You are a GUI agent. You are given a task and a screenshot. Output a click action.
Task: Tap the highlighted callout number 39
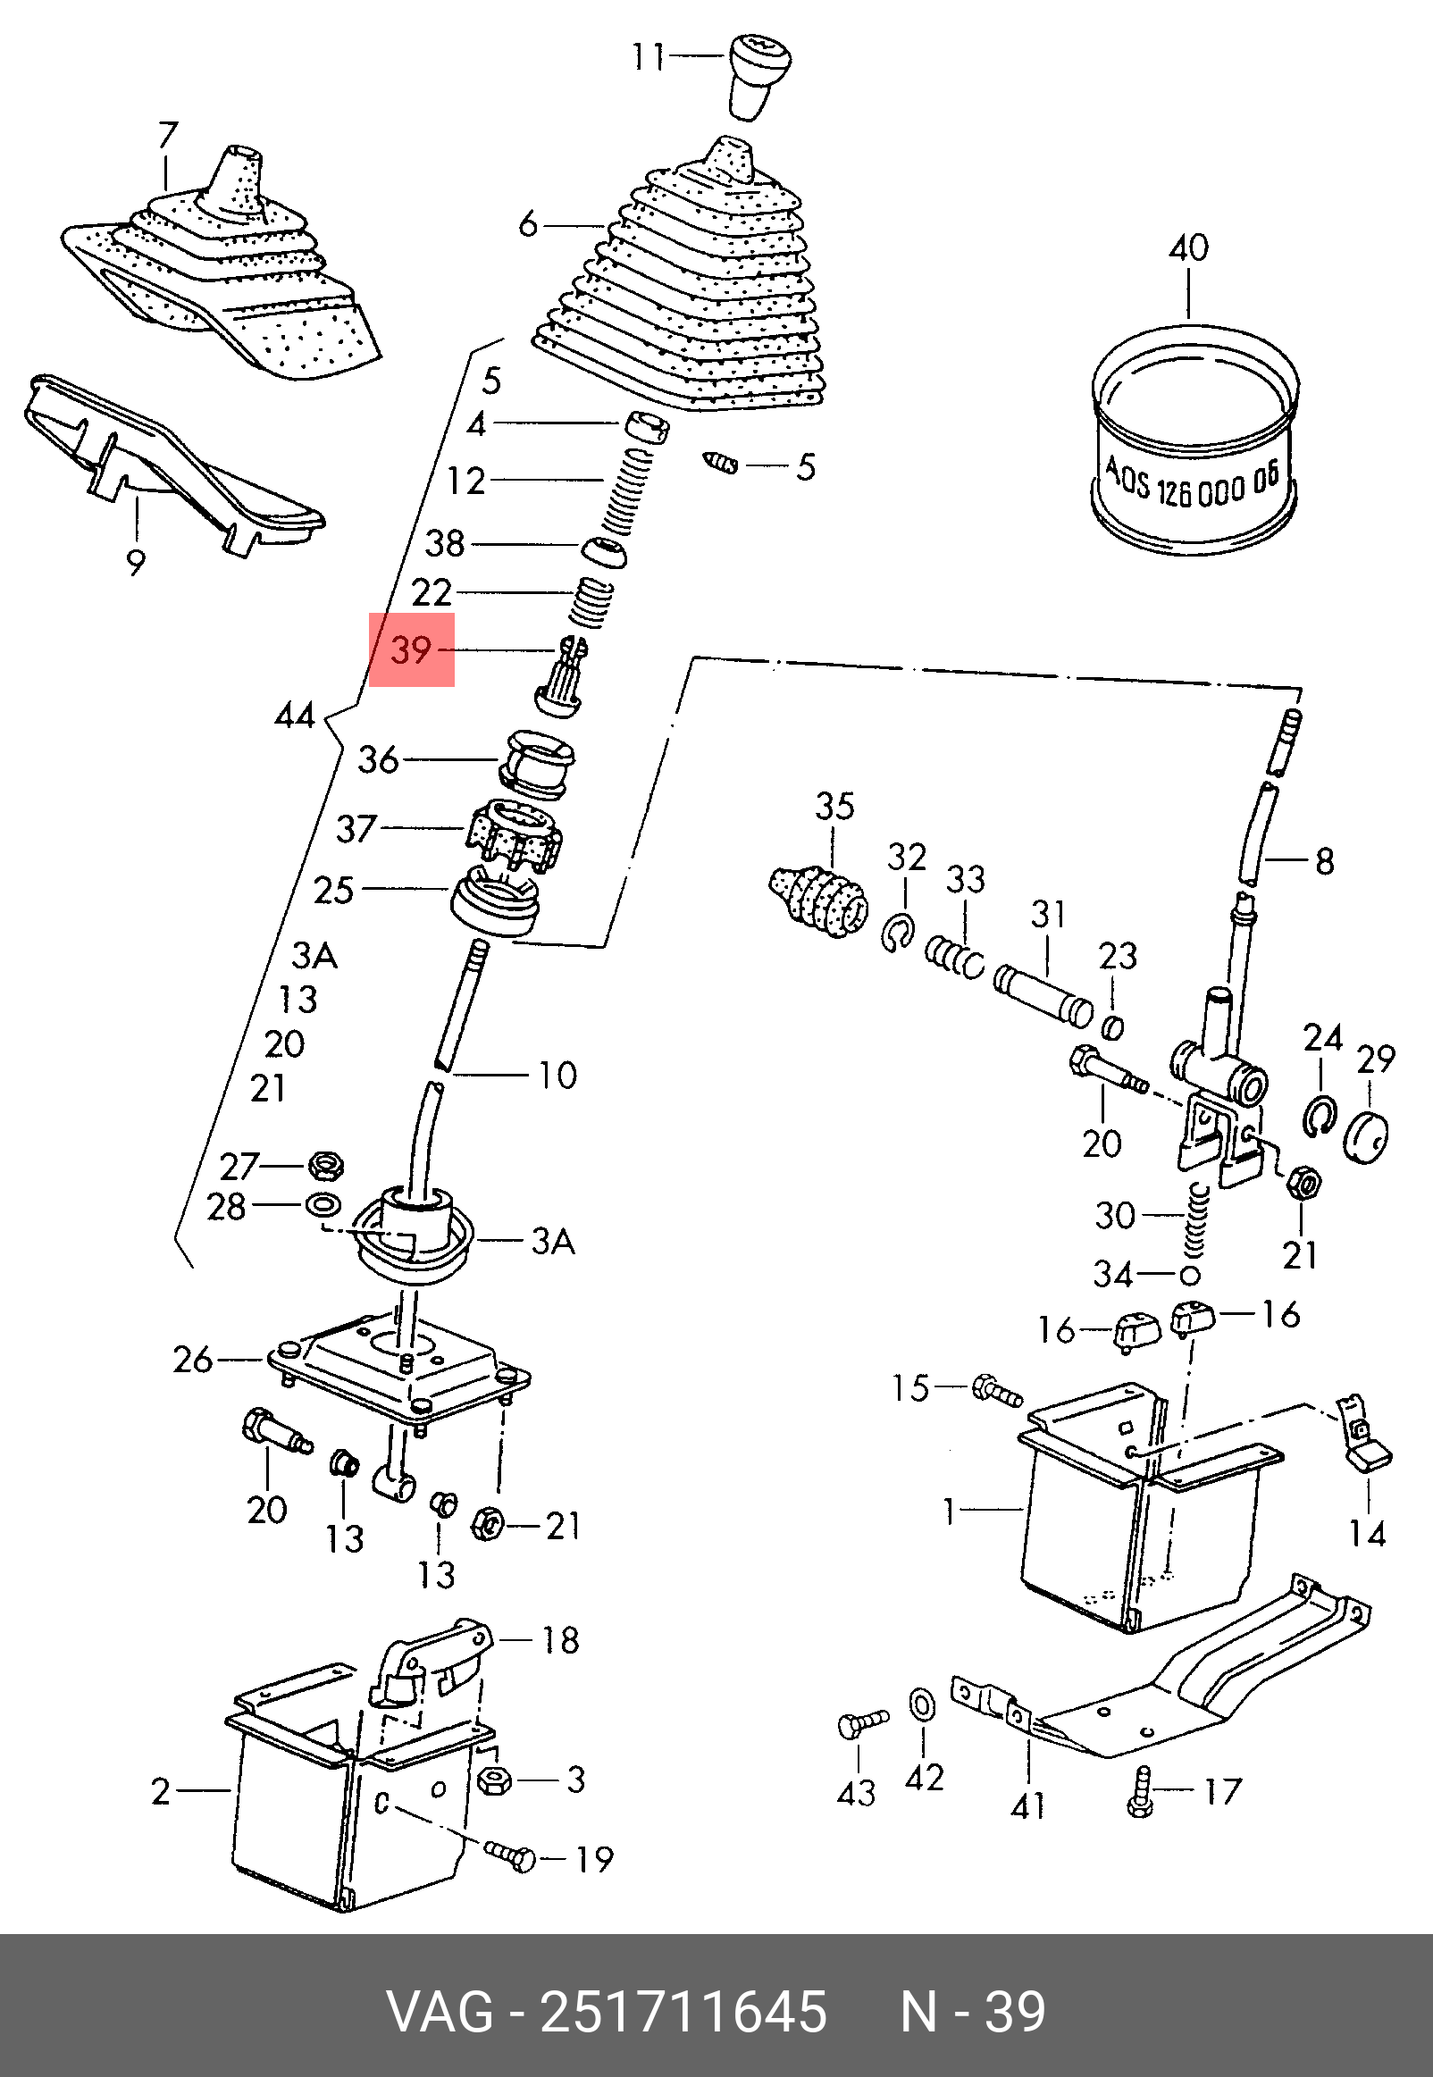(412, 649)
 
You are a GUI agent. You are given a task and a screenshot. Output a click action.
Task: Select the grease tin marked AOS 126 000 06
(1195, 439)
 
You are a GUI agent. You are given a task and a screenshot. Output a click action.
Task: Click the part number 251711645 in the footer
(683, 2012)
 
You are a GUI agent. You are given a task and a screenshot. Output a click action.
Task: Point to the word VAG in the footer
(440, 2012)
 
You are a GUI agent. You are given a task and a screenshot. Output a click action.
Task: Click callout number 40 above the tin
(1188, 247)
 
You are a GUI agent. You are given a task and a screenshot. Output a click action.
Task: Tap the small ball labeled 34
(1190, 1275)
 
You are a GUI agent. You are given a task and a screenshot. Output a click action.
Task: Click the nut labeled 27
(326, 1166)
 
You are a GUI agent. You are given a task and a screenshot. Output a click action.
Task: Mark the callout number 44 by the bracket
(296, 716)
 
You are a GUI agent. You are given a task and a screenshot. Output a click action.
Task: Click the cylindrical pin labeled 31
(1043, 993)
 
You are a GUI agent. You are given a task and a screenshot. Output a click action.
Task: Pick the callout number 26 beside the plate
(194, 1360)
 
